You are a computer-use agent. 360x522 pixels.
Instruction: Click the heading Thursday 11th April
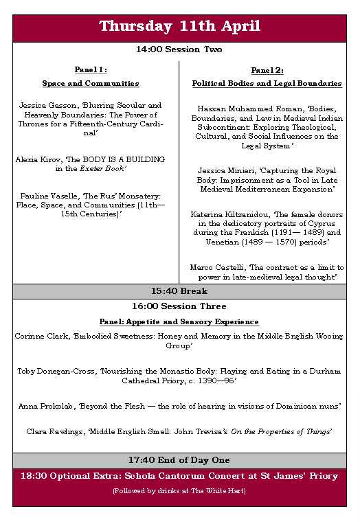click(179, 27)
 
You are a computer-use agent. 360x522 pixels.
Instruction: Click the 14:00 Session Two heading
click(179, 49)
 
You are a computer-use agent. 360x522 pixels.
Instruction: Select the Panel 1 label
click(91, 69)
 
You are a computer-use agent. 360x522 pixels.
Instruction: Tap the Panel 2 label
click(267, 69)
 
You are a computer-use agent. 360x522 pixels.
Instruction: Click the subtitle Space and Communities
click(91, 83)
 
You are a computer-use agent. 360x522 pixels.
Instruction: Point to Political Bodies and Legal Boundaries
click(267, 83)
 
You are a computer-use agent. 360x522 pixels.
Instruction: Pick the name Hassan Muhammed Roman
click(234, 109)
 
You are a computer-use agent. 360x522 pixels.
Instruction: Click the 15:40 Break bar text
click(179, 291)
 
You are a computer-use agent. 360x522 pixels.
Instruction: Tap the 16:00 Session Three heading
click(179, 306)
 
